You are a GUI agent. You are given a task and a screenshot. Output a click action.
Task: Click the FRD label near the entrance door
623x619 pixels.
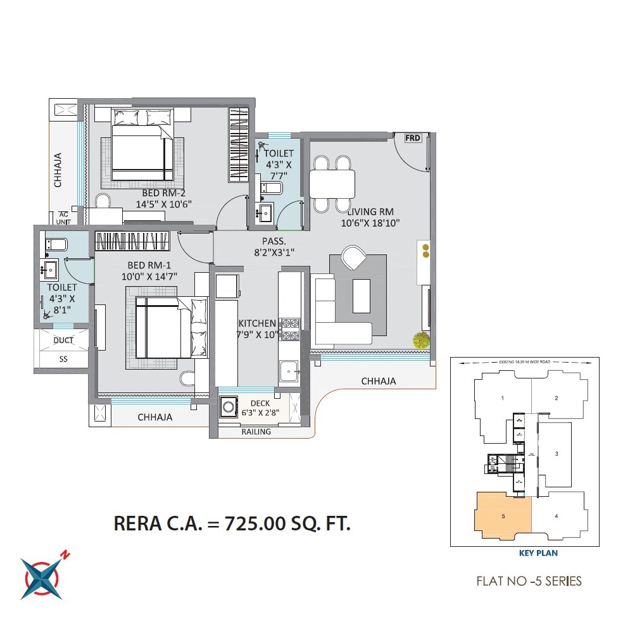[413, 138]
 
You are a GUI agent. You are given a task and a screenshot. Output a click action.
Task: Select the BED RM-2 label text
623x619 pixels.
[163, 192]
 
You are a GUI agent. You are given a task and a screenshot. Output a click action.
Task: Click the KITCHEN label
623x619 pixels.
[257, 323]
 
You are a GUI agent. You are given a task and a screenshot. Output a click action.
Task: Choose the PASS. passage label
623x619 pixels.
[274, 241]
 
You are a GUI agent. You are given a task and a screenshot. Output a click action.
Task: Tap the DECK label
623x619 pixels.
[260, 403]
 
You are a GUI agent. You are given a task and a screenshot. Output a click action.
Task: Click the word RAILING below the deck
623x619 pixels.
[256, 432]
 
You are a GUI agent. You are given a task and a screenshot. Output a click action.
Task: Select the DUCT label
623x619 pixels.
[63, 341]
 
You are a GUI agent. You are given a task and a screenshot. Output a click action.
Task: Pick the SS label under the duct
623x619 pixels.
[63, 358]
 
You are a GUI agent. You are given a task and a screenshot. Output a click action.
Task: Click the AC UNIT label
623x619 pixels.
[63, 218]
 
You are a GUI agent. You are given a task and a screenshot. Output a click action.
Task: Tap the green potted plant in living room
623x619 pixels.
[421, 341]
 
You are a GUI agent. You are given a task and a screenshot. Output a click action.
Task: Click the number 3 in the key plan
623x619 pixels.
[556, 454]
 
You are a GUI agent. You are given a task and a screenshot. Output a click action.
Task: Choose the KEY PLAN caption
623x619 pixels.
[538, 553]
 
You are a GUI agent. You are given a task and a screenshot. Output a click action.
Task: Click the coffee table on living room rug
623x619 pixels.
[362, 294]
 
